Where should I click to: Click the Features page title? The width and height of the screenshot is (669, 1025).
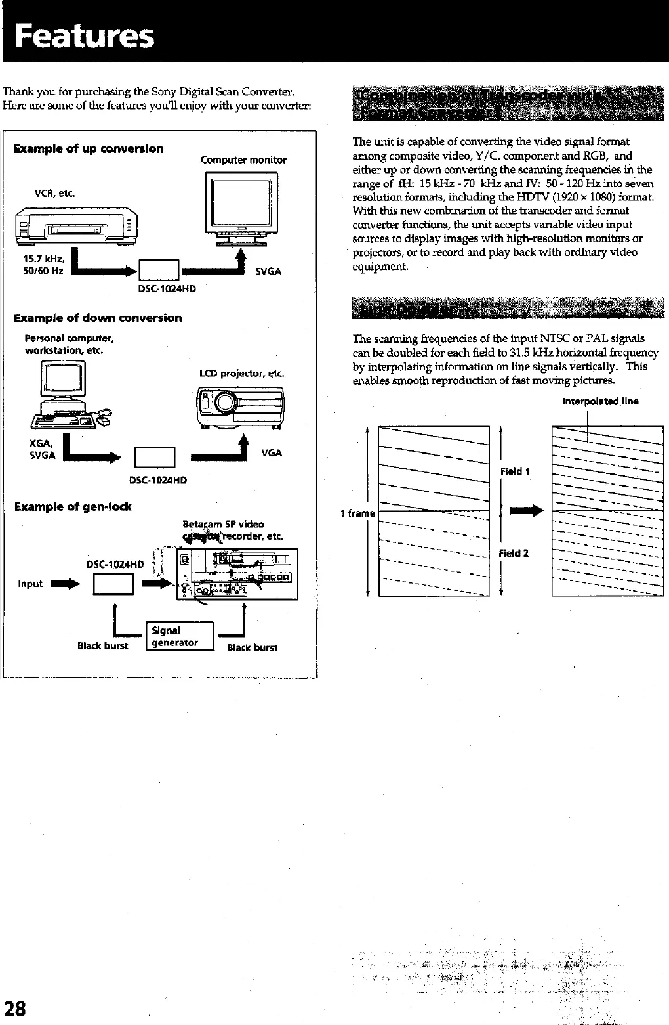85,35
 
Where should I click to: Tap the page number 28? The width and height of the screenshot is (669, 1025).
15,1007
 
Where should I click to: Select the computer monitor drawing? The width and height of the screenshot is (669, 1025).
241,208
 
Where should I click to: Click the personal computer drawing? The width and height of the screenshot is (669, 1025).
66,395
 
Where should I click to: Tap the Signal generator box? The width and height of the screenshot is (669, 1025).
180,636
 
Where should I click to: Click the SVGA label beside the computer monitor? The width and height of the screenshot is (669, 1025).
268,272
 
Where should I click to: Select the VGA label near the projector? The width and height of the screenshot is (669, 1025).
272,453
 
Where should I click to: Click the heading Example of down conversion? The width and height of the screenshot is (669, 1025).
98,318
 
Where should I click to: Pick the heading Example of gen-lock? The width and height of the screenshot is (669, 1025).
73,506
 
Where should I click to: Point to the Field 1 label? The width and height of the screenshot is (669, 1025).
515,471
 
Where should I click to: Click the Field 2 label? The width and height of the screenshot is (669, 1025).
514,553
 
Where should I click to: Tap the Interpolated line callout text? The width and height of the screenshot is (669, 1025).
600,401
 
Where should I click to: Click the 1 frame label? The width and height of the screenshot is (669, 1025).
357,513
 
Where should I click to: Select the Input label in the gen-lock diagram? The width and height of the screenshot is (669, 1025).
30,584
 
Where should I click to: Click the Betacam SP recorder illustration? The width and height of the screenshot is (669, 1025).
237,574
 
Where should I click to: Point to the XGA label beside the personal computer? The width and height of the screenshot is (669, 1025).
41,443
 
